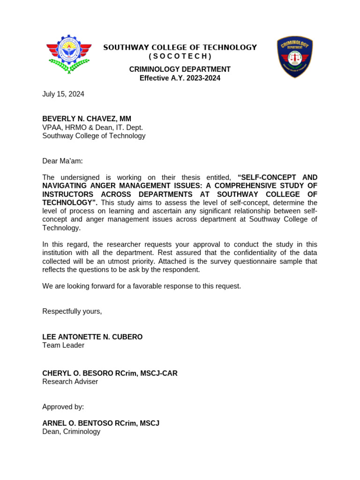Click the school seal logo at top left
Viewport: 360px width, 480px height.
point(69,54)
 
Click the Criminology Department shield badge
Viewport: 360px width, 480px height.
point(294,57)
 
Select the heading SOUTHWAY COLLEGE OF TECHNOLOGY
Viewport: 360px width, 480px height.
point(180,47)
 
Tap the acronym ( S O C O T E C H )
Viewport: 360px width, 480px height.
point(180,57)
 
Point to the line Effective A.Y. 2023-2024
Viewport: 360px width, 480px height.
point(180,78)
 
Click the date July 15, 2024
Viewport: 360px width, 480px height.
point(63,94)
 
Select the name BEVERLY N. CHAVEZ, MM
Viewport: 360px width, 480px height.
point(87,119)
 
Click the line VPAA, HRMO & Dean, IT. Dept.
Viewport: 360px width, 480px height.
point(92,127)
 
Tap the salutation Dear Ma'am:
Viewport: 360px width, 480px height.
point(62,161)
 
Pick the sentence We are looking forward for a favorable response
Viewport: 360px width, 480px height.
point(142,286)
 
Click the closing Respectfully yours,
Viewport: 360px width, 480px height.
point(72,311)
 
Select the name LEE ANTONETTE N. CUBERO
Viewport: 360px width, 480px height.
point(92,337)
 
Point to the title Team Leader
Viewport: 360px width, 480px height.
point(63,345)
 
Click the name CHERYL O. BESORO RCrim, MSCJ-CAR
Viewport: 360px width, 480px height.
point(110,374)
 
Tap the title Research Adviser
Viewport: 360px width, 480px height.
point(70,382)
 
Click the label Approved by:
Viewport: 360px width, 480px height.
point(63,407)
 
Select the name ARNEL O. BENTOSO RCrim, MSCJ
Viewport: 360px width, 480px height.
point(101,423)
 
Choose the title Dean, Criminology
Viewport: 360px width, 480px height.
point(71,432)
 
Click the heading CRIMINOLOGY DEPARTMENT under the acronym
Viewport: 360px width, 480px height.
point(180,69)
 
